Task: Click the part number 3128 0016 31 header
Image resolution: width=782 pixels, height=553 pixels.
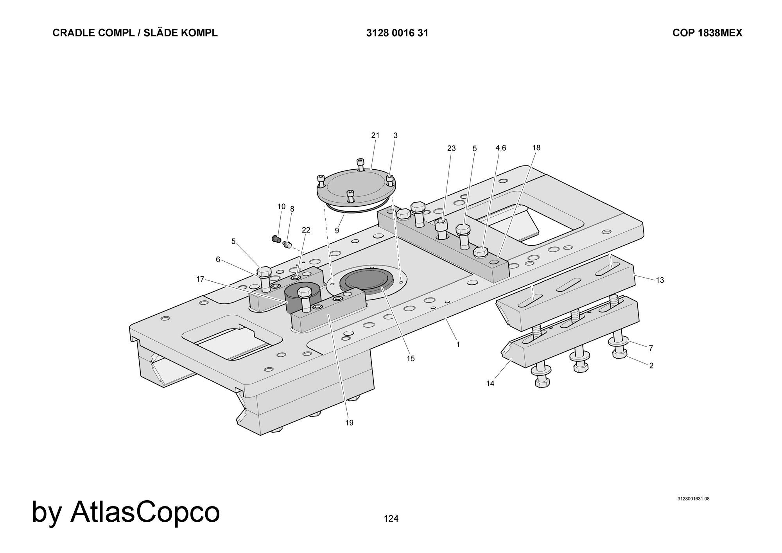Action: coord(397,33)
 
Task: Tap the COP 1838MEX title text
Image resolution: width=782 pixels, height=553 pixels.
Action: coord(707,33)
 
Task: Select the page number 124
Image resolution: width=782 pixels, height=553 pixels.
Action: coord(391,519)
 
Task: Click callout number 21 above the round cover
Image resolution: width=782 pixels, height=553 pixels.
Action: coord(375,135)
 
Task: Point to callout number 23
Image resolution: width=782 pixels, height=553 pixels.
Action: coord(452,148)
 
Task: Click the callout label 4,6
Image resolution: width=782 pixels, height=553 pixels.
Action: coord(501,148)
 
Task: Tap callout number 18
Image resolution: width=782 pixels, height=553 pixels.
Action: coord(536,147)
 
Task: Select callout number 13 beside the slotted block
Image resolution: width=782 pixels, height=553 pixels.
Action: coord(660,280)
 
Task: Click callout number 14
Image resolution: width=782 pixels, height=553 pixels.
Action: coord(490,384)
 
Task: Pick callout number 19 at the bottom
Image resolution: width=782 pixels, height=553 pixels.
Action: coord(349,423)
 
